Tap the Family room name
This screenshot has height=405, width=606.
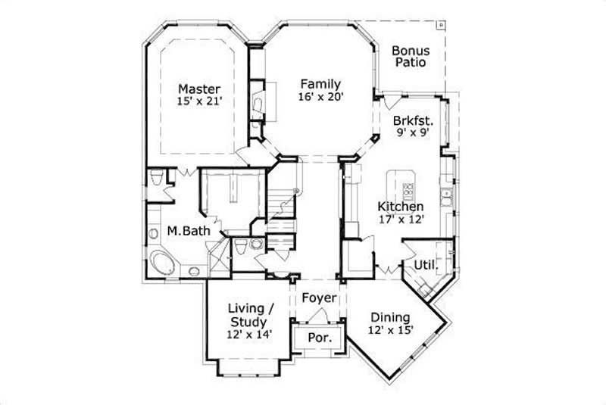(x=320, y=84)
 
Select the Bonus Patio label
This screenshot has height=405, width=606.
(x=409, y=57)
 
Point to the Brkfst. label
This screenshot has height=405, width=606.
(x=413, y=120)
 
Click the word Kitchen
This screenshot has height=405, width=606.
(x=401, y=206)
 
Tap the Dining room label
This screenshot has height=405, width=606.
(x=389, y=317)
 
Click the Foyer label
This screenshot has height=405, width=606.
(x=318, y=298)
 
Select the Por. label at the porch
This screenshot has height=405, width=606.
(x=318, y=338)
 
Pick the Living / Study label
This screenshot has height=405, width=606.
(x=251, y=314)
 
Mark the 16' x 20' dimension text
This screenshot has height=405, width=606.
(x=320, y=97)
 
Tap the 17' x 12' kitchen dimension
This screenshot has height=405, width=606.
(x=401, y=220)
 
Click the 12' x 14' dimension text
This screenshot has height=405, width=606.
(x=251, y=334)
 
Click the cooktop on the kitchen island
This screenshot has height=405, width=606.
(x=408, y=190)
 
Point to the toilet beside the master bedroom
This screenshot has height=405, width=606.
(x=157, y=179)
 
